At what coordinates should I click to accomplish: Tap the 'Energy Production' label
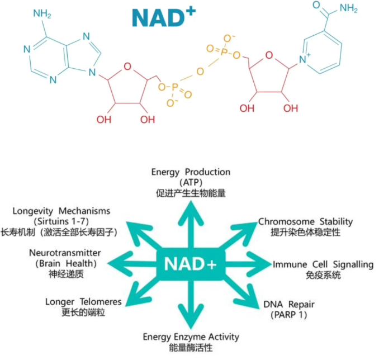191,172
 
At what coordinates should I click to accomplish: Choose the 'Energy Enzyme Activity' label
191,337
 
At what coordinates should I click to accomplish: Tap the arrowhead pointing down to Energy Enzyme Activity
191,317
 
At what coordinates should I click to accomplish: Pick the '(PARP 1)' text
289,315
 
